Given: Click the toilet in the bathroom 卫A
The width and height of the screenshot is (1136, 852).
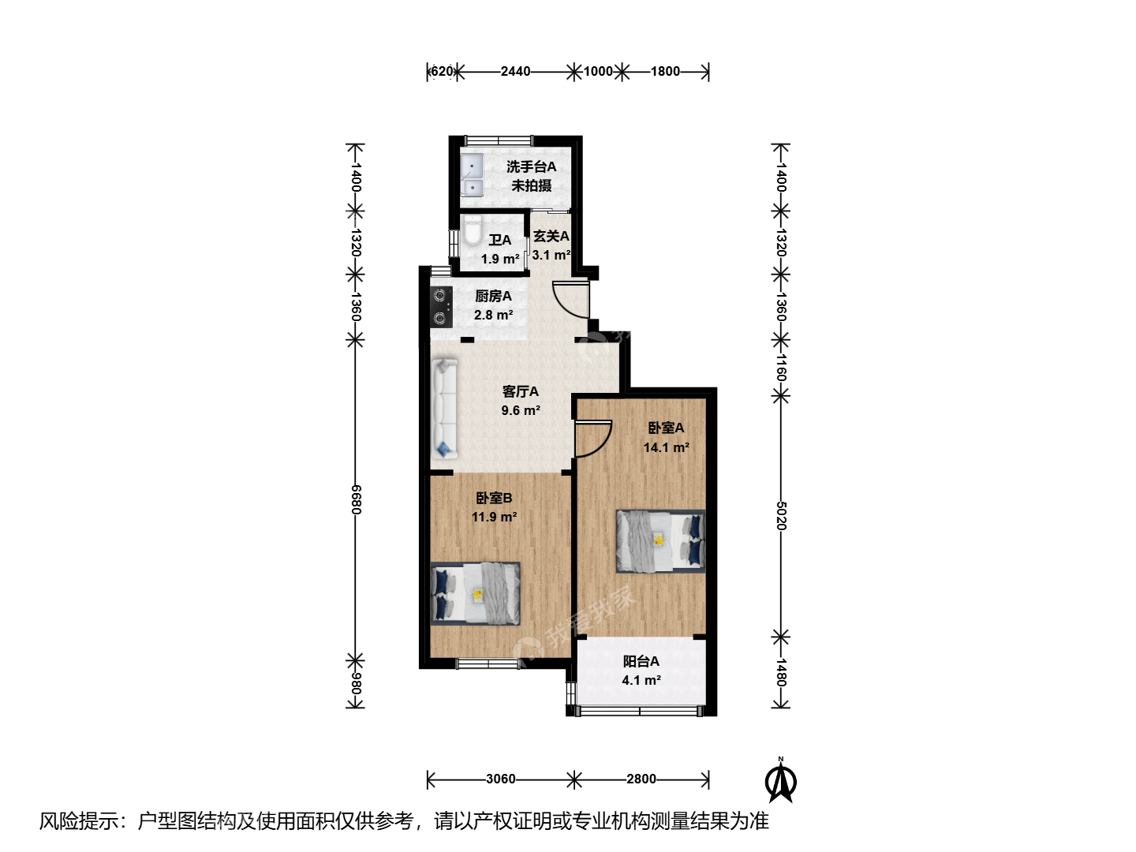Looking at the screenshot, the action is pos(472,230).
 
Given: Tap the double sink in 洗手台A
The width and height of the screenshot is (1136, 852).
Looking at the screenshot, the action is pos(473,175).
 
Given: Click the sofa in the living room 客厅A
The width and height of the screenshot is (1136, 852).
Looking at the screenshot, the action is pos(445,409).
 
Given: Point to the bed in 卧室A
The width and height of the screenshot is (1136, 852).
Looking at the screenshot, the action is pos(660,541).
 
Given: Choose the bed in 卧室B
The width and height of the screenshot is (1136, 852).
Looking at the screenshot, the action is pos(476,593).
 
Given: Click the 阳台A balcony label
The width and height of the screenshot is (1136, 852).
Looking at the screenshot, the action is pos(641,661).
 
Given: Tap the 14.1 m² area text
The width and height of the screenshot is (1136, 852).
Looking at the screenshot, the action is pos(666,447).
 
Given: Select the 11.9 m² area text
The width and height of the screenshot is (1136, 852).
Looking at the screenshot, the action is pos(495,517).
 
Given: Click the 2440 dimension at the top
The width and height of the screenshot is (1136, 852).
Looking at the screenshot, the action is pos(515,71).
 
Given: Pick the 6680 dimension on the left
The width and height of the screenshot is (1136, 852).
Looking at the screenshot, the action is pos(356,499).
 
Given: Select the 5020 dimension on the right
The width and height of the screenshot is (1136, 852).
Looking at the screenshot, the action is pos(782,515).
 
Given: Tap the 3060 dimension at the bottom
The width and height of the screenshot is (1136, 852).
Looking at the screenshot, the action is pos(500,779).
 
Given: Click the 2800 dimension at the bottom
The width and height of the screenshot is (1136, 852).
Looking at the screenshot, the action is pos(641,779).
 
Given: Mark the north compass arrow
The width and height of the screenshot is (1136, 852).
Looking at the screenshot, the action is pos(781,781).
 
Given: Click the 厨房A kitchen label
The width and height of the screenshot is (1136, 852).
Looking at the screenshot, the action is pos(493,297).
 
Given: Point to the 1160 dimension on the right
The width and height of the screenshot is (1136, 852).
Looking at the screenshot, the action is pos(782,368).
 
